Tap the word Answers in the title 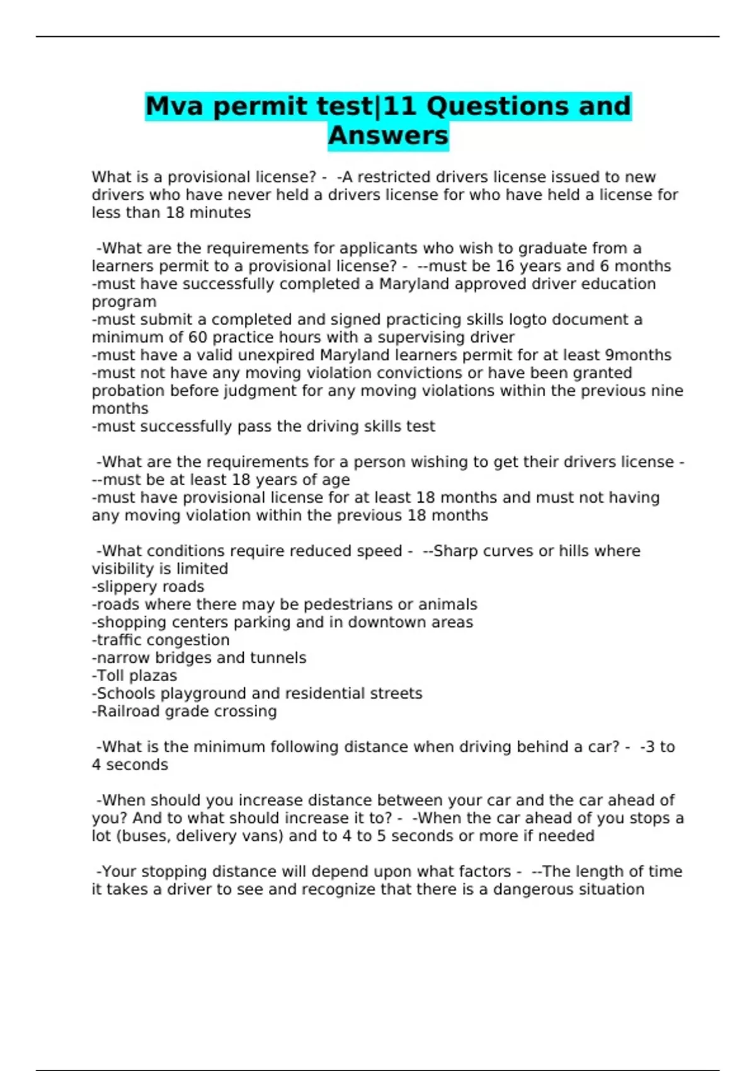pyautogui.click(x=388, y=135)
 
